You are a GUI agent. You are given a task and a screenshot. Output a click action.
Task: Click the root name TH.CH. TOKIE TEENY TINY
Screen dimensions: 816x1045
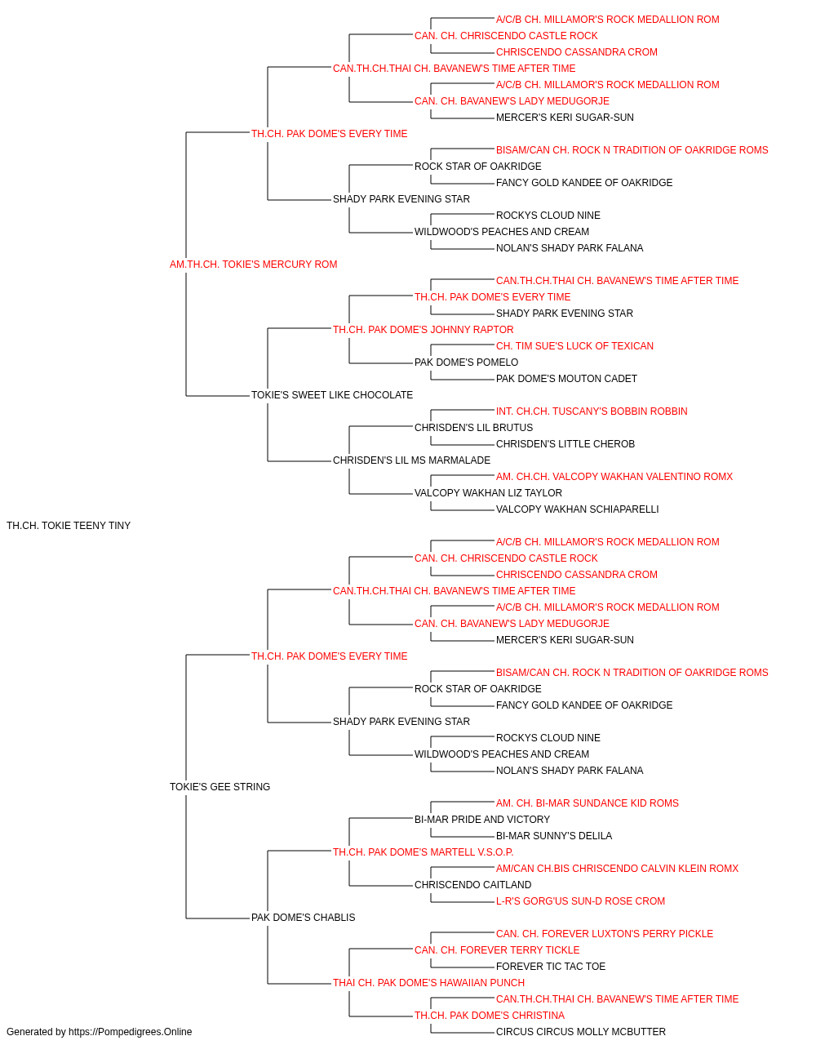click(69, 526)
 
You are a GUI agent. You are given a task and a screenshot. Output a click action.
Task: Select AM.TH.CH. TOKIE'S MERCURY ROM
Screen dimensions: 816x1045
click(253, 265)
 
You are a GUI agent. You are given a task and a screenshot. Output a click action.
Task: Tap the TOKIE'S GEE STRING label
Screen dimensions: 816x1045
click(220, 787)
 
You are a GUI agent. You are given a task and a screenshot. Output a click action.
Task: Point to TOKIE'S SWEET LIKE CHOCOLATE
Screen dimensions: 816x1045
click(331, 395)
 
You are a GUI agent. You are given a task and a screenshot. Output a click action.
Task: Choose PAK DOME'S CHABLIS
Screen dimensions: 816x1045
click(304, 918)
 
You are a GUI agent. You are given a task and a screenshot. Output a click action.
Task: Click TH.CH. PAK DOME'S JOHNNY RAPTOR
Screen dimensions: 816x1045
click(423, 329)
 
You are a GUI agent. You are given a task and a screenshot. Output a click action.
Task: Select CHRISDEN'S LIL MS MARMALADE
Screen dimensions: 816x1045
click(411, 460)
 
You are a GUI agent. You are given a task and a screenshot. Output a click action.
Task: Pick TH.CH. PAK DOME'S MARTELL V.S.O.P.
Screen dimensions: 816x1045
click(423, 852)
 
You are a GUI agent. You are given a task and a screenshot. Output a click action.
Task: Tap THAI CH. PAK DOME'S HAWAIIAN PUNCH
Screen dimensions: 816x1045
click(428, 983)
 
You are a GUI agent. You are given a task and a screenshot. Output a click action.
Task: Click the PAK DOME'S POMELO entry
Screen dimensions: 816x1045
click(466, 362)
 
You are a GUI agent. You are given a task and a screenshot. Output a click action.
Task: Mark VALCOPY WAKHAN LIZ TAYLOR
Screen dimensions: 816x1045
click(488, 493)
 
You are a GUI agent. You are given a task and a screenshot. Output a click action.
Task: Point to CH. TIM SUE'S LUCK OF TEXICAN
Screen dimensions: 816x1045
click(574, 346)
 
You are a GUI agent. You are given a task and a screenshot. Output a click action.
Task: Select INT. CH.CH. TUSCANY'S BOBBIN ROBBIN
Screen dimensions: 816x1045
click(592, 411)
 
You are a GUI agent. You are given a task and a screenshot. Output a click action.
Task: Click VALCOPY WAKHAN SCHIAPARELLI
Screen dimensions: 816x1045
click(577, 509)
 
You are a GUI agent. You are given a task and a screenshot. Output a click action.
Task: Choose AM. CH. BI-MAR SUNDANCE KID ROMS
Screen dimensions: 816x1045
click(588, 803)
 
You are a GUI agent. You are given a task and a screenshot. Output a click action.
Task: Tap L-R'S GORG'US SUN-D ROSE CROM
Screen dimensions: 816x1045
click(580, 901)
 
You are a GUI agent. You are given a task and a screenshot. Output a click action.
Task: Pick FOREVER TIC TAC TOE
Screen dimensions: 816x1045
click(551, 967)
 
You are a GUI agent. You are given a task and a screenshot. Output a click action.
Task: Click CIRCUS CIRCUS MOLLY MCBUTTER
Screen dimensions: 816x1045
click(581, 1032)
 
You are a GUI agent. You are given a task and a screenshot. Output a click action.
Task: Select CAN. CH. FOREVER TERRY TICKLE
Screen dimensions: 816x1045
click(497, 950)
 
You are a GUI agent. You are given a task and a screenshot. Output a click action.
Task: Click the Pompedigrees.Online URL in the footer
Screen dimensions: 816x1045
click(131, 1032)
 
